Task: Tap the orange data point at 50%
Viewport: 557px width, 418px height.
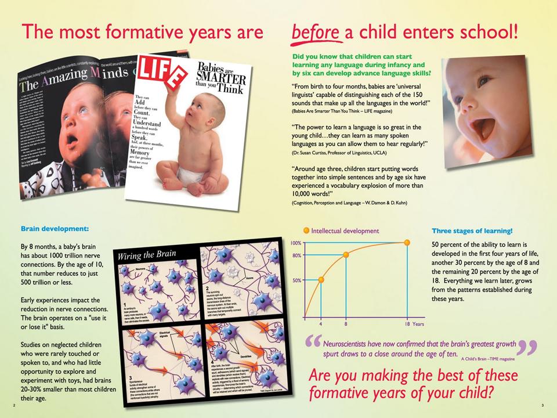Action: click(321, 280)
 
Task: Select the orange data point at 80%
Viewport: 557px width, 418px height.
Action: click(346, 255)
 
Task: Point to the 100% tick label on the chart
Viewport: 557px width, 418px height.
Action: click(295, 243)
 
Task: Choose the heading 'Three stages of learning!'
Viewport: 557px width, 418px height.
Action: click(472, 230)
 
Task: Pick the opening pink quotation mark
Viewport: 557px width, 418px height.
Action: click(312, 345)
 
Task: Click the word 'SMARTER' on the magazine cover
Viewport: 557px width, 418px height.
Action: click(226, 78)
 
